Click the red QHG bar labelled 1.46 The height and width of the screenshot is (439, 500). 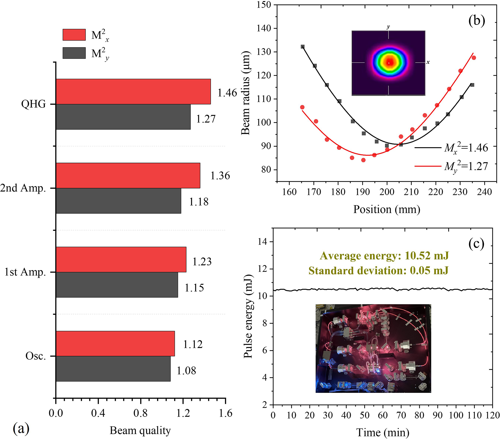click(x=133, y=92)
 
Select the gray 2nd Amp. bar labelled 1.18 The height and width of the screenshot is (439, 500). click(x=119, y=201)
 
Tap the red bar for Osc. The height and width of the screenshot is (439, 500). click(x=115, y=344)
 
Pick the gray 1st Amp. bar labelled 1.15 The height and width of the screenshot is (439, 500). click(x=117, y=285)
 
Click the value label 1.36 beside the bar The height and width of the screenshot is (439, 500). click(x=220, y=176)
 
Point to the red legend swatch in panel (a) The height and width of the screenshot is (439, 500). click(x=74, y=35)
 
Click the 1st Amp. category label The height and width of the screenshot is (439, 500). click(x=25, y=272)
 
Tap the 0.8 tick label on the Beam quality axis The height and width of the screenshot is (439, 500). click(x=140, y=413)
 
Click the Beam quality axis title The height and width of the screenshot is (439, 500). click(x=140, y=430)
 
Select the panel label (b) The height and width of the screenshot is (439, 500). click(x=477, y=21)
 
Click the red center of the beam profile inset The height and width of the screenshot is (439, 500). click(x=389, y=62)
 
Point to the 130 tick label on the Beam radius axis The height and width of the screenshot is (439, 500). click(x=263, y=52)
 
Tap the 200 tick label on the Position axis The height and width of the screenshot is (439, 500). click(x=387, y=192)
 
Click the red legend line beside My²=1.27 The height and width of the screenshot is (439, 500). click(x=428, y=166)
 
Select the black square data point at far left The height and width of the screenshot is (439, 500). click(x=303, y=47)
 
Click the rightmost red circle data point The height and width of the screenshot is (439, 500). click(x=474, y=58)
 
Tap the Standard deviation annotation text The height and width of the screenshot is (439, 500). click(x=379, y=271)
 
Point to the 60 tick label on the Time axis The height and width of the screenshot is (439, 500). click(x=383, y=415)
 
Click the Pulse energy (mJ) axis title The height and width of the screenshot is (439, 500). click(x=248, y=316)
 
